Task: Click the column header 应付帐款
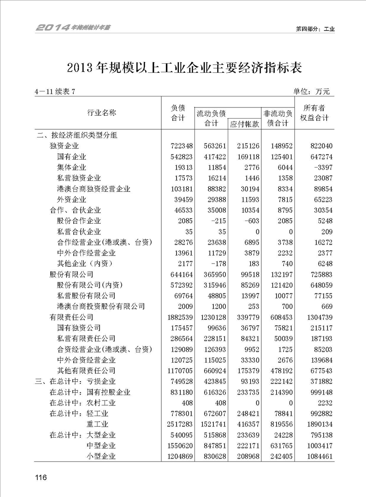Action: pyautogui.click(x=244, y=124)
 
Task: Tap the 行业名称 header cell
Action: pyautogui.click(x=102, y=113)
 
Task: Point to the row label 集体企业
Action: pyautogui.click(x=71, y=168)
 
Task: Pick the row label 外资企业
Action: pyautogui.click(x=71, y=200)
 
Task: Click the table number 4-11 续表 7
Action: pyautogui.click(x=54, y=91)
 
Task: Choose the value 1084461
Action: pyautogui.click(x=317, y=456)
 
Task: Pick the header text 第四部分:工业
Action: pyautogui.click(x=315, y=29)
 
